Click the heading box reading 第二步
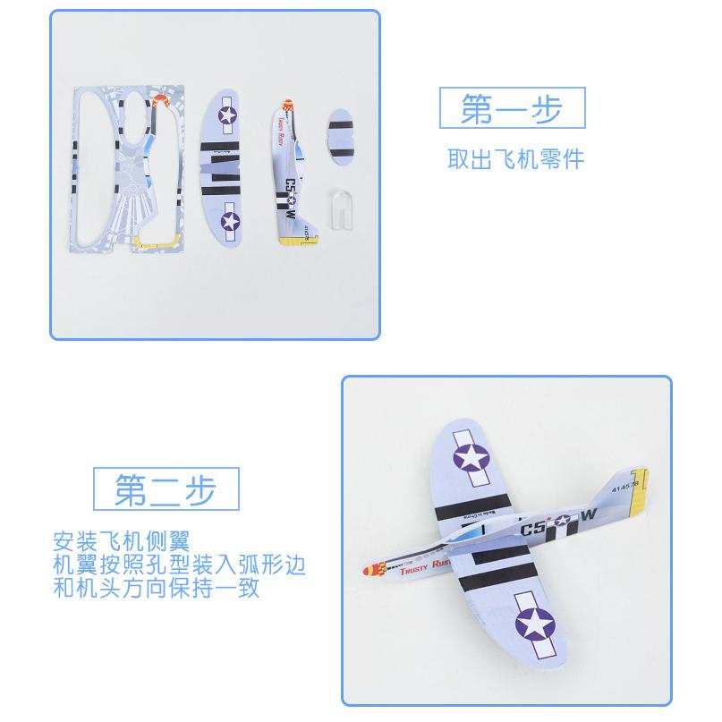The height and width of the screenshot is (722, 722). click(x=166, y=488)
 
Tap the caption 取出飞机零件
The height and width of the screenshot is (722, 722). click(x=515, y=159)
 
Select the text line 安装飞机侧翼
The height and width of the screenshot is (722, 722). click(x=122, y=542)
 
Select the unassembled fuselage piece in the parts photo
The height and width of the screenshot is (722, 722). click(x=294, y=170)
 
